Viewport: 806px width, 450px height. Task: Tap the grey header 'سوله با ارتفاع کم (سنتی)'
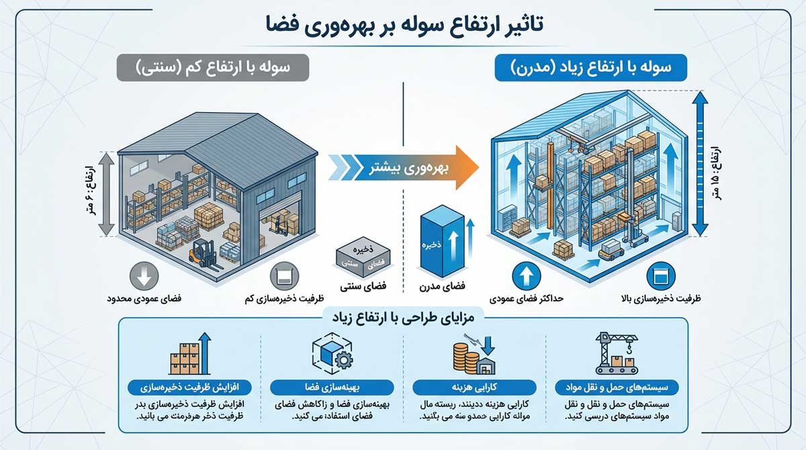[x=212, y=68]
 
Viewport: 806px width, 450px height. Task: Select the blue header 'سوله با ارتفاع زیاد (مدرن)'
[x=591, y=68]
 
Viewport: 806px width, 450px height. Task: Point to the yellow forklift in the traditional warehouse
[x=203, y=256]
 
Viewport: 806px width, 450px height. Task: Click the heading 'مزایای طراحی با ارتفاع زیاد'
[x=402, y=318]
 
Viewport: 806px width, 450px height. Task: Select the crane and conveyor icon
[x=617, y=353]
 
